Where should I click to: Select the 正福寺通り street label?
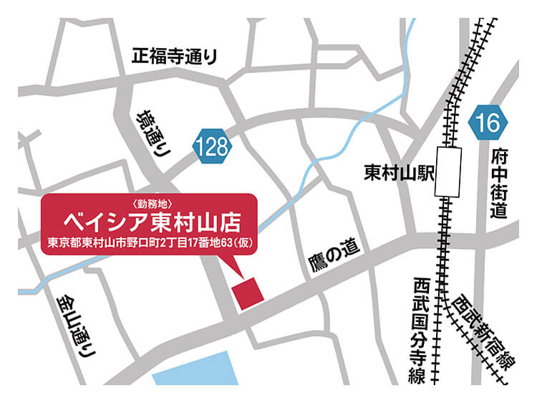coord(174,57)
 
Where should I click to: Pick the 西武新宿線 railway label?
coord(484,331)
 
